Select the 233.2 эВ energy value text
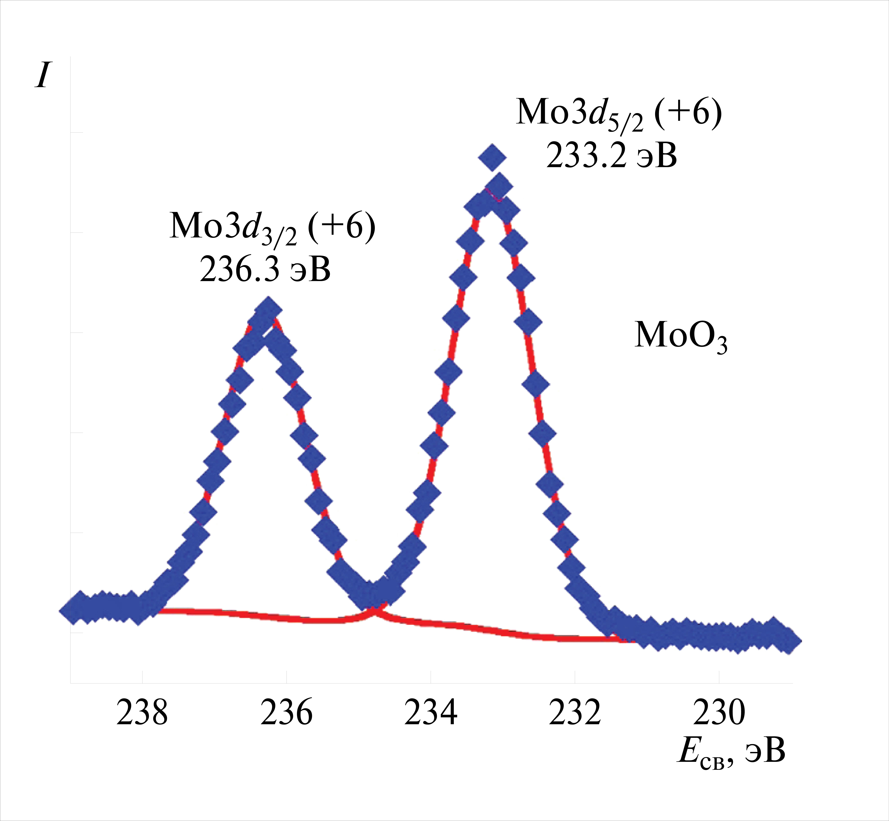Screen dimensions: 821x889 [611, 156]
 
